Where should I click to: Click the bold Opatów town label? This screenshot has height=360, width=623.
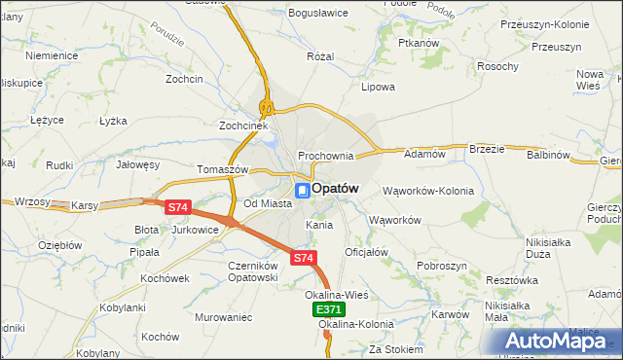(336, 188)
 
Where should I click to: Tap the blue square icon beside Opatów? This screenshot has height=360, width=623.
(303, 190)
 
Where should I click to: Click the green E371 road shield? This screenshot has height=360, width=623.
(329, 308)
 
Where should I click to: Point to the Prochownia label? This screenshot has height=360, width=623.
(325, 156)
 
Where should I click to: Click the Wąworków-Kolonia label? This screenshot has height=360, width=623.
(428, 191)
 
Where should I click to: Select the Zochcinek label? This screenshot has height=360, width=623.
(242, 126)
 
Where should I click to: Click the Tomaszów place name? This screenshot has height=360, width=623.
(224, 168)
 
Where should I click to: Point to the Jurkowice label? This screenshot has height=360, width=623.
(194, 230)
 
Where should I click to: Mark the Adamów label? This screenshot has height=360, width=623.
(424, 154)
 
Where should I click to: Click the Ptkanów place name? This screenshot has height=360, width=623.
(420, 44)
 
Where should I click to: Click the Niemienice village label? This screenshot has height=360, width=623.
(52, 55)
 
